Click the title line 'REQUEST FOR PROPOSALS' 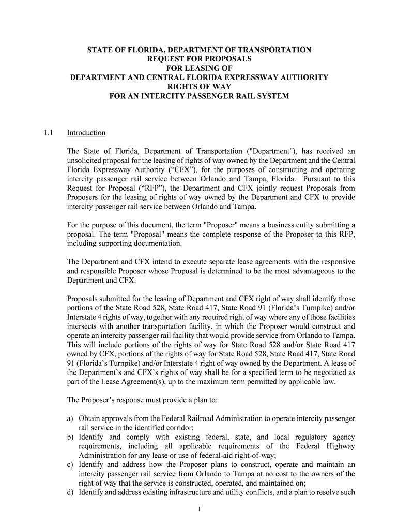pyautogui.click(x=199, y=59)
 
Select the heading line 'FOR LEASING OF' pyautogui.click(x=199, y=68)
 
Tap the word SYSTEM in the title pyautogui.click(x=273, y=96)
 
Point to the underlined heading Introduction pyautogui.click(x=86, y=133)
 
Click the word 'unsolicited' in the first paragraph pyautogui.click(x=86, y=161)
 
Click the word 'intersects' pyautogui.click(x=84, y=327)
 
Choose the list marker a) pyautogui.click(x=71, y=419)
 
